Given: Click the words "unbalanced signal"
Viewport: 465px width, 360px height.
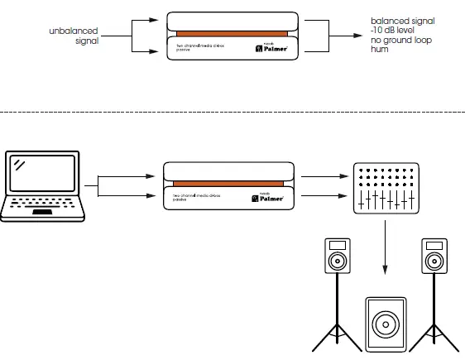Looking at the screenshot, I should click(x=74, y=35).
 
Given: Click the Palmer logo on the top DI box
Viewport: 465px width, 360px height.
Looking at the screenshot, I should click(x=270, y=49).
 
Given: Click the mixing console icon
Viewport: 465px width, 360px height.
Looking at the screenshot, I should click(x=383, y=188).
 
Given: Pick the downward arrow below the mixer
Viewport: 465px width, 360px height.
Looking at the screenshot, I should click(x=385, y=257).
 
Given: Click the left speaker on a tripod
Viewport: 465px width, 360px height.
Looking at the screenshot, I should click(x=337, y=257).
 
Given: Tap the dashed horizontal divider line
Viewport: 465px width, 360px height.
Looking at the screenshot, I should click(x=232, y=111).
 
